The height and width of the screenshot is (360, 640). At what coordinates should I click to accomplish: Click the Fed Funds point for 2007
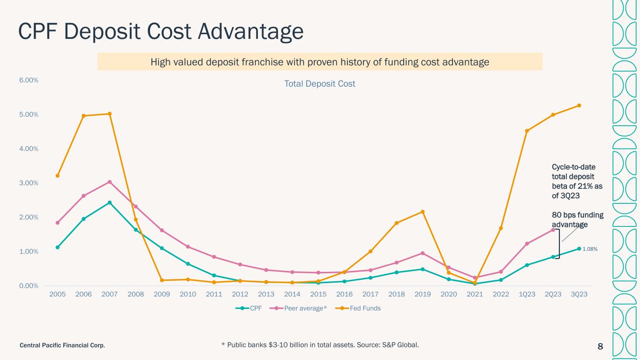click(109, 114)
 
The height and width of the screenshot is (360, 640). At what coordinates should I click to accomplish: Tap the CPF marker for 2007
click(109, 202)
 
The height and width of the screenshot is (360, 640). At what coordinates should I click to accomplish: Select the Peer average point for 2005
click(57, 223)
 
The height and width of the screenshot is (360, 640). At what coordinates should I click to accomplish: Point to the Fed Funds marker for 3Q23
click(579, 105)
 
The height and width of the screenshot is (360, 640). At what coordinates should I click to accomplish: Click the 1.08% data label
click(590, 249)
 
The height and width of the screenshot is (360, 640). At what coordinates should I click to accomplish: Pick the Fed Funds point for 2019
click(422, 212)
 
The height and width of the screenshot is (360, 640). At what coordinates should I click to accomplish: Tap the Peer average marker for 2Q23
click(553, 230)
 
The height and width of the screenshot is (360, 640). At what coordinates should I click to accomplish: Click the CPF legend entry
click(248, 308)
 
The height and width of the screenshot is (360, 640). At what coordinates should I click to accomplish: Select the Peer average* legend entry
click(298, 308)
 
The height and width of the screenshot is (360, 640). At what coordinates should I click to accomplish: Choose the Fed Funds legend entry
click(358, 308)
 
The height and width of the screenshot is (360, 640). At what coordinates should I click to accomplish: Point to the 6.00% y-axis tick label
click(29, 80)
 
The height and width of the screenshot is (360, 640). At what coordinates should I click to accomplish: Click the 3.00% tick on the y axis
click(29, 183)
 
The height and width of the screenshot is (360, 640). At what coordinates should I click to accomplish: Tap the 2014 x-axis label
click(292, 294)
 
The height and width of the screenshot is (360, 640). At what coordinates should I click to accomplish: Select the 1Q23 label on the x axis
click(527, 294)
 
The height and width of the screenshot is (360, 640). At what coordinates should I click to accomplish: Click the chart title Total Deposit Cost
click(320, 84)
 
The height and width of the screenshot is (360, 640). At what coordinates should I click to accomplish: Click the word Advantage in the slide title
click(250, 32)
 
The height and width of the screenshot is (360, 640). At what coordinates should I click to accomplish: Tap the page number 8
click(600, 346)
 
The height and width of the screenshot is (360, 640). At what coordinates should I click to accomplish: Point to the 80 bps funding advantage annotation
click(578, 220)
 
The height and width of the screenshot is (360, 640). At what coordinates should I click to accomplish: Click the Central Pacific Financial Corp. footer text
click(62, 345)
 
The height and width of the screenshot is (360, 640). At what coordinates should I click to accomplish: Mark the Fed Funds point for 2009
click(162, 280)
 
